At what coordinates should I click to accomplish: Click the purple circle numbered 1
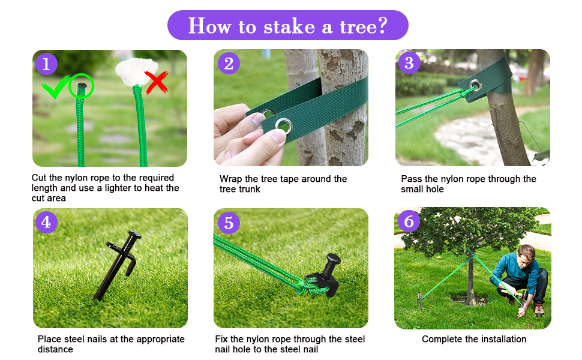click(x=47, y=64)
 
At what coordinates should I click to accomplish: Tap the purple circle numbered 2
click(x=229, y=63)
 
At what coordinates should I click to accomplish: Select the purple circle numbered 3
click(x=409, y=62)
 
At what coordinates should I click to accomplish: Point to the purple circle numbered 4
click(x=47, y=222)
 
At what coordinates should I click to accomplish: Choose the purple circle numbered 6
click(x=409, y=221)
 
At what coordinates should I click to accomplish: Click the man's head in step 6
click(x=526, y=251)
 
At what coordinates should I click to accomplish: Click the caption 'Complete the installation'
click(x=474, y=339)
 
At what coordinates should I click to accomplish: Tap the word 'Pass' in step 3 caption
click(x=412, y=179)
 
